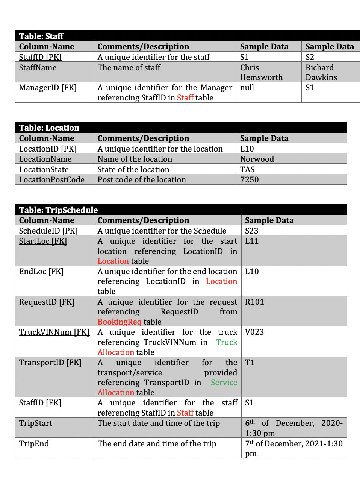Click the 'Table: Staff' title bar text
[41, 36]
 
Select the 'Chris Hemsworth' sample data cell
[261, 72]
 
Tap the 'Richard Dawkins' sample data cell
[321, 72]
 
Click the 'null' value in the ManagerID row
[247, 88]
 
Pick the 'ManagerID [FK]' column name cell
[48, 88]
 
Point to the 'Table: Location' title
[49, 128]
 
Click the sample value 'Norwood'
[257, 159]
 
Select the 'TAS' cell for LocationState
[247, 170]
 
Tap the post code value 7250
[250, 180]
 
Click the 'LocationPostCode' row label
[52, 180]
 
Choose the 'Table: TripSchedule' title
[58, 210]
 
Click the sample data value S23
[251, 231]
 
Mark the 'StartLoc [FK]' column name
[43, 241]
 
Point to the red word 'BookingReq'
[119, 322]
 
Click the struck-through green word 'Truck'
[227, 342]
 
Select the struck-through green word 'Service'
[224, 383]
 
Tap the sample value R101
[254, 302]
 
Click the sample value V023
[254, 332]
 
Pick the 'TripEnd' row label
[34, 444]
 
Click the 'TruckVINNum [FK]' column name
[54, 332]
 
